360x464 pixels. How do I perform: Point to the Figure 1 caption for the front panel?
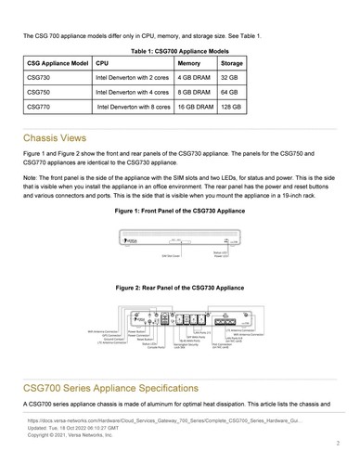179,212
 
